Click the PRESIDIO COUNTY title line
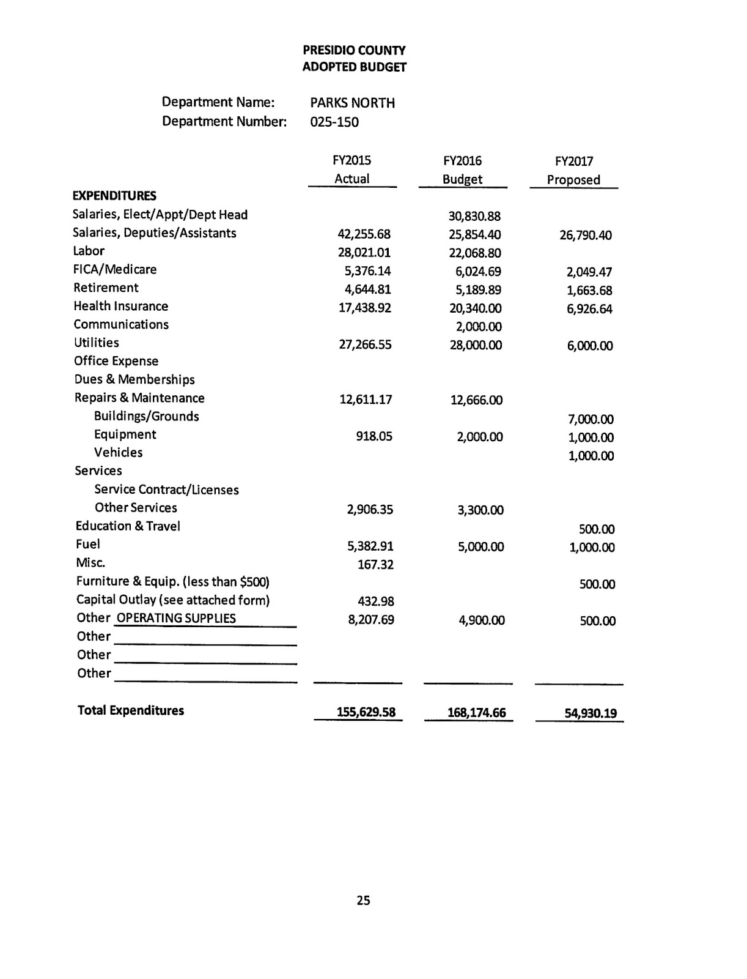click(x=354, y=50)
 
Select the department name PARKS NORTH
click(x=352, y=103)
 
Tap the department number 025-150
click(x=334, y=122)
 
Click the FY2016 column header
click(x=462, y=161)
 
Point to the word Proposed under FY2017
click(x=573, y=180)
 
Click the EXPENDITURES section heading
click(x=114, y=196)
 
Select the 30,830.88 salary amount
click(x=474, y=216)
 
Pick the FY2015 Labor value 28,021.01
click(x=364, y=253)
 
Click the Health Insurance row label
click(x=120, y=306)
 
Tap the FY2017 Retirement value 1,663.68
click(x=589, y=291)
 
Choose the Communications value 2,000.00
click(x=479, y=327)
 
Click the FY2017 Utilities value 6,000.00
click(x=590, y=346)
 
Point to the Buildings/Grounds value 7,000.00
click(x=591, y=419)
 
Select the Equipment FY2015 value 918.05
click(x=375, y=436)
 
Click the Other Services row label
click(x=136, y=508)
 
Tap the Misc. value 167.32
click(x=375, y=565)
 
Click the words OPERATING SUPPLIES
click(x=176, y=618)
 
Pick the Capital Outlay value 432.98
click(x=375, y=601)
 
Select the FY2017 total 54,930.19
click(x=591, y=713)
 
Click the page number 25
click(x=363, y=901)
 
